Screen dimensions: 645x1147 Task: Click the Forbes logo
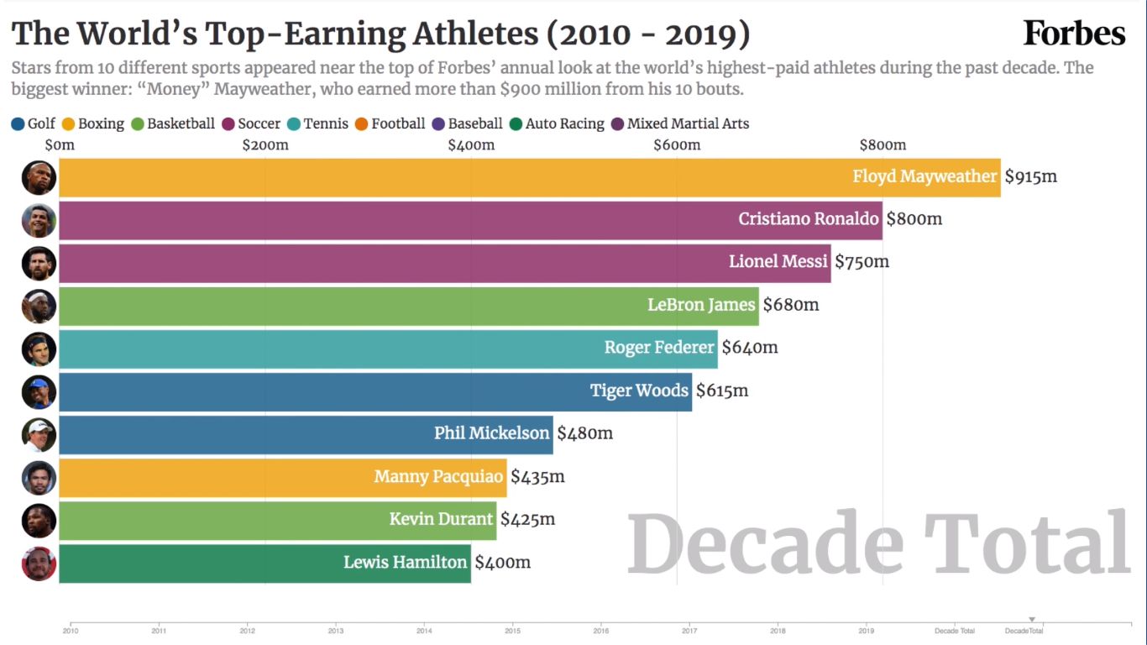[1074, 34]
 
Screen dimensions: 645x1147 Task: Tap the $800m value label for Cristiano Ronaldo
[914, 219]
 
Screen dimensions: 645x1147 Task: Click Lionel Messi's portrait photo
[39, 263]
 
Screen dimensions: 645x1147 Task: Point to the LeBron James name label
[701, 305]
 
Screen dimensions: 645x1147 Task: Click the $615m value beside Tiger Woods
[722, 391]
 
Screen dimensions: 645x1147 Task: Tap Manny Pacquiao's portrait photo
[39, 477]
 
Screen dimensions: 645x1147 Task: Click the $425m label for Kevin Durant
[527, 519]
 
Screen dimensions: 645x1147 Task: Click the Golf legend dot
[18, 124]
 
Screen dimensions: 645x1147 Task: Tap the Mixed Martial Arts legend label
[688, 124]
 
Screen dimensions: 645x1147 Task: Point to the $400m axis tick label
[471, 145]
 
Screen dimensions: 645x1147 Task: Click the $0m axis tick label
[60, 145]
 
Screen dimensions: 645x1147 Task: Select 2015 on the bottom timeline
[513, 630]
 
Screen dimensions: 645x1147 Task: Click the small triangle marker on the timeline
[1032, 620]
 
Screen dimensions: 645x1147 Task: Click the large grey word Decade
[764, 544]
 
